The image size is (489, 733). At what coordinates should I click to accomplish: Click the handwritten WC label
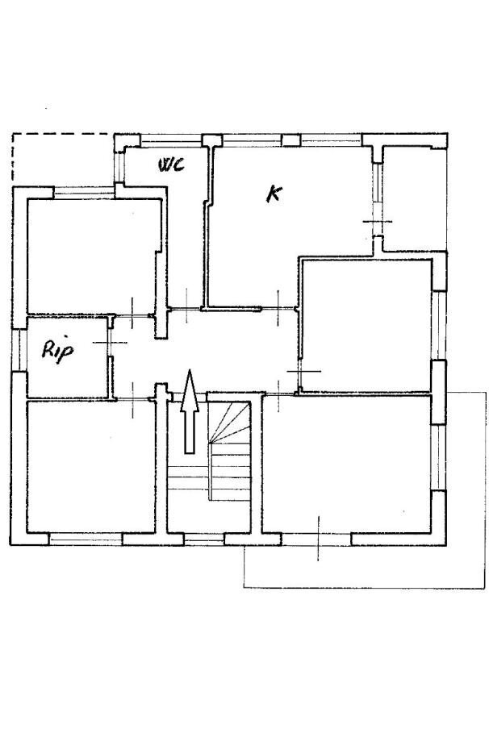pos(170,165)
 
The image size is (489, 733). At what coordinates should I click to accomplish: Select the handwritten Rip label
pos(57,352)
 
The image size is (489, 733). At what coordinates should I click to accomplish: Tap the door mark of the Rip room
pos(111,343)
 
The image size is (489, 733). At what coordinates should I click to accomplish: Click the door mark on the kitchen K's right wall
pos(376,222)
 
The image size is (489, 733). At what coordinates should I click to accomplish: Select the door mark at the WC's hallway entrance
pos(185,307)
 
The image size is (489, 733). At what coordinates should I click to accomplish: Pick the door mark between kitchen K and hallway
pos(278,307)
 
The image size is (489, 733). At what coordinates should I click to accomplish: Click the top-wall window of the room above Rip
pos(83,191)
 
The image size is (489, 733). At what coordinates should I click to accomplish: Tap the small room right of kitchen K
pos(412,198)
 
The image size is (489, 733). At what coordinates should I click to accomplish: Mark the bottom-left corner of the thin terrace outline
pos(245,587)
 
